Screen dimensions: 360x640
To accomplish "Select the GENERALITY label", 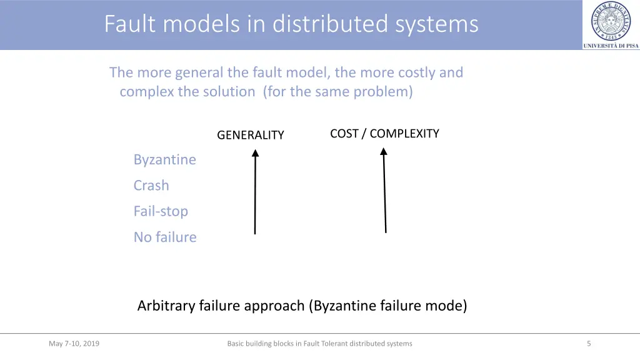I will coord(250,135).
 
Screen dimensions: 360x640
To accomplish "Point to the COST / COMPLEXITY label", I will coord(384,133).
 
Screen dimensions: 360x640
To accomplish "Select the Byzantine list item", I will coord(164,159).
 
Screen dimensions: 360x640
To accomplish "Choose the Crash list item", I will coord(151,186).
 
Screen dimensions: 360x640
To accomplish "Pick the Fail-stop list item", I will coord(161,211).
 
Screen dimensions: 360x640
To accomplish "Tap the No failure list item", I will coord(165,237).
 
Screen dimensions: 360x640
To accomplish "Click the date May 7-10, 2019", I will coord(74,343).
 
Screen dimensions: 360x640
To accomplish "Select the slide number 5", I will coord(589,343).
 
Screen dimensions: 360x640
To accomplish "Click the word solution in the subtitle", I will coord(229,92).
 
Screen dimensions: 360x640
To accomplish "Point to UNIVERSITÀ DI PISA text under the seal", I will coord(611,46).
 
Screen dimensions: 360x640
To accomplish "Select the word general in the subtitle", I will coord(197,72).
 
